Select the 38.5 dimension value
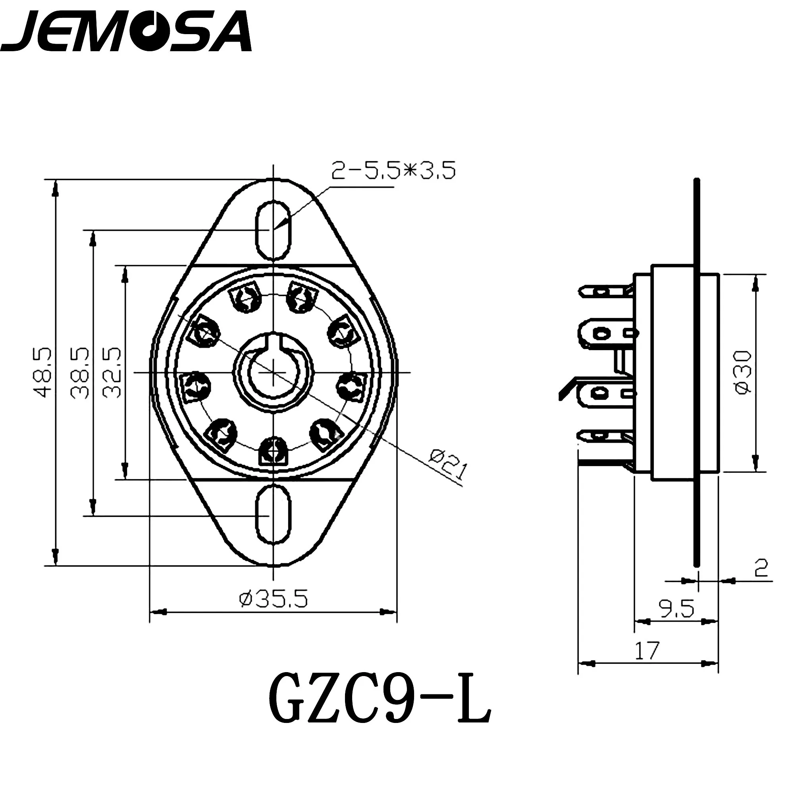[x=79, y=373]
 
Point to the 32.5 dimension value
[x=112, y=373]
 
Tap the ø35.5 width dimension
[x=273, y=599]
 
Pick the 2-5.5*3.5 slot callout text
[x=393, y=171]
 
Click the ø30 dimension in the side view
[x=744, y=373]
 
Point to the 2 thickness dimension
[x=761, y=569]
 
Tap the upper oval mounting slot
[x=273, y=230]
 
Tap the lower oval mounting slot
[x=273, y=515]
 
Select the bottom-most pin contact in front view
[x=273, y=451]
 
